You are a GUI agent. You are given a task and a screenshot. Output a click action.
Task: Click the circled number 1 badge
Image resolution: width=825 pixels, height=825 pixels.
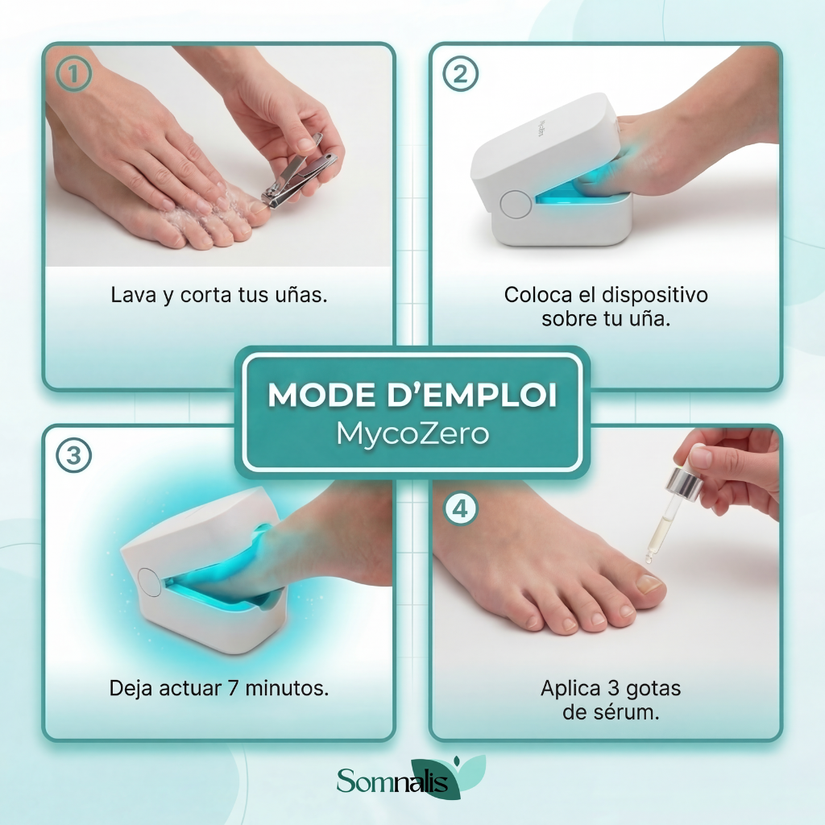[73, 73]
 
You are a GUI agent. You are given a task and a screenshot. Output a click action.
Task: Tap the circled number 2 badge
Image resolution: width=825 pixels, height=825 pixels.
[460, 73]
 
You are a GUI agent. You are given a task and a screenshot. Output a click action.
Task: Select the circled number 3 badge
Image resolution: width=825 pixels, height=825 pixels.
[73, 455]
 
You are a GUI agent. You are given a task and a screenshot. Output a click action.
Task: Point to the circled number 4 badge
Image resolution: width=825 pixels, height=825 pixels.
[460, 509]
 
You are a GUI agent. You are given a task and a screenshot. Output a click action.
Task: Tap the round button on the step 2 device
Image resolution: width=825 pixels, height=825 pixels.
[516, 205]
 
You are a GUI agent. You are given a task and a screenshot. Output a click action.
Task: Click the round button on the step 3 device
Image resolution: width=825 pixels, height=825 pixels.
[149, 582]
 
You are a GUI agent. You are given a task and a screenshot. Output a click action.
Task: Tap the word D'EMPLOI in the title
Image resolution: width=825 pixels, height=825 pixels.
[472, 395]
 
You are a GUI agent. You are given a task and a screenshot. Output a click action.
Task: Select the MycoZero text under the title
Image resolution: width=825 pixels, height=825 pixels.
[413, 434]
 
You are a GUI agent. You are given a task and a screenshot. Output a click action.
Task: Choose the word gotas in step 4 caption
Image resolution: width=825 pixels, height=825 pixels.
[651, 689]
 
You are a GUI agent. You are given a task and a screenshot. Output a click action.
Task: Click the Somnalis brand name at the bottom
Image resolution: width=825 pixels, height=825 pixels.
[392, 781]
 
